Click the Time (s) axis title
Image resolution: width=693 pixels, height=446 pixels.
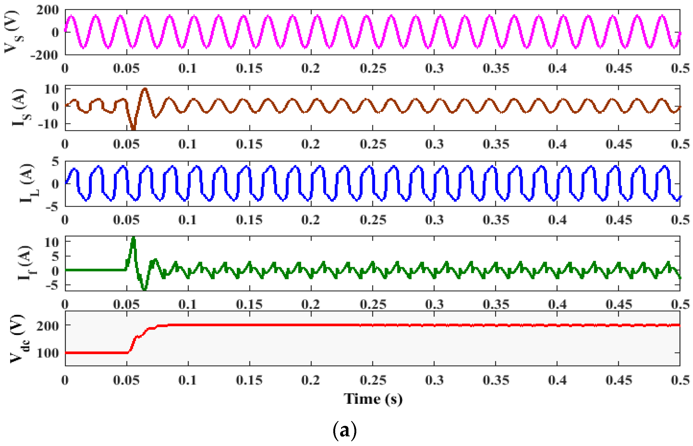[x=373, y=399]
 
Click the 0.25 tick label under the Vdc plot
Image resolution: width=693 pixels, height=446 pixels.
[x=373, y=380]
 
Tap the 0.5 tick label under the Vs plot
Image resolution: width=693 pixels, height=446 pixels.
[x=680, y=68]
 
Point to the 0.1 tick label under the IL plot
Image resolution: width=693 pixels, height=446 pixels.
[x=187, y=220]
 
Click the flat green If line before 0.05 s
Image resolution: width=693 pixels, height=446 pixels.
[x=95, y=270]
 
